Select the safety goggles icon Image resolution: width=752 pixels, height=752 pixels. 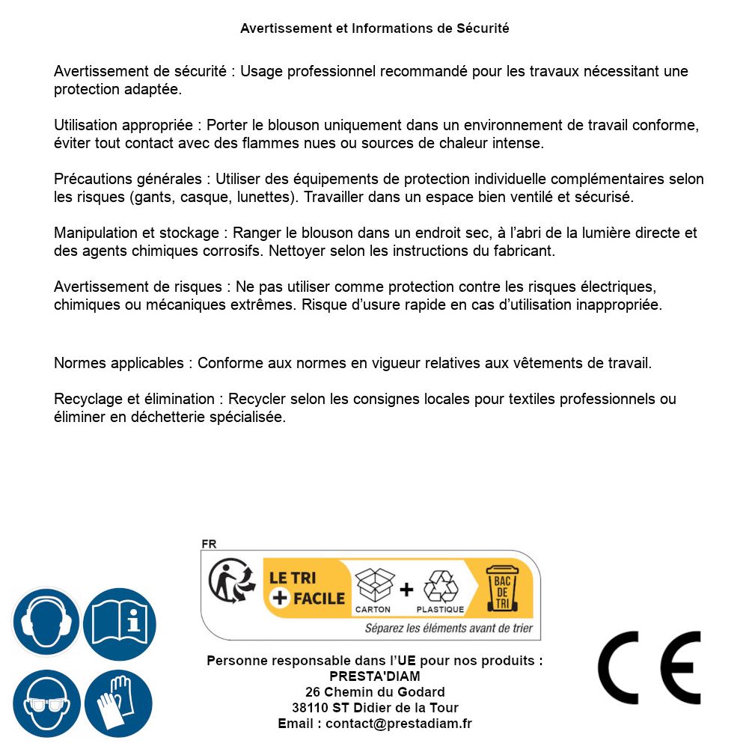pyautogui.click(x=46, y=703)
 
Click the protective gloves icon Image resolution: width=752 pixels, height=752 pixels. pyautogui.click(x=118, y=703)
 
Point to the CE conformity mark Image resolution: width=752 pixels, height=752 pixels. pyautogui.click(x=649, y=667)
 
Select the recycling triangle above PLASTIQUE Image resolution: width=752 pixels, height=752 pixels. pyautogui.click(x=441, y=586)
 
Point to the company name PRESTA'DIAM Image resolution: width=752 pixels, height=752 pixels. pyautogui.click(x=375, y=676)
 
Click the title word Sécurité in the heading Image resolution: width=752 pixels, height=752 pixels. pyautogui.click(x=483, y=28)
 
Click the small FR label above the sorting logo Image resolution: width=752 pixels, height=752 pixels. pyautogui.click(x=209, y=545)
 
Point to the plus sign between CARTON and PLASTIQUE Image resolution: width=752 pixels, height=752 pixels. pyautogui.click(x=406, y=590)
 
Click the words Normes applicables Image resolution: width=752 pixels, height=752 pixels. pyautogui.click(x=118, y=364)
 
